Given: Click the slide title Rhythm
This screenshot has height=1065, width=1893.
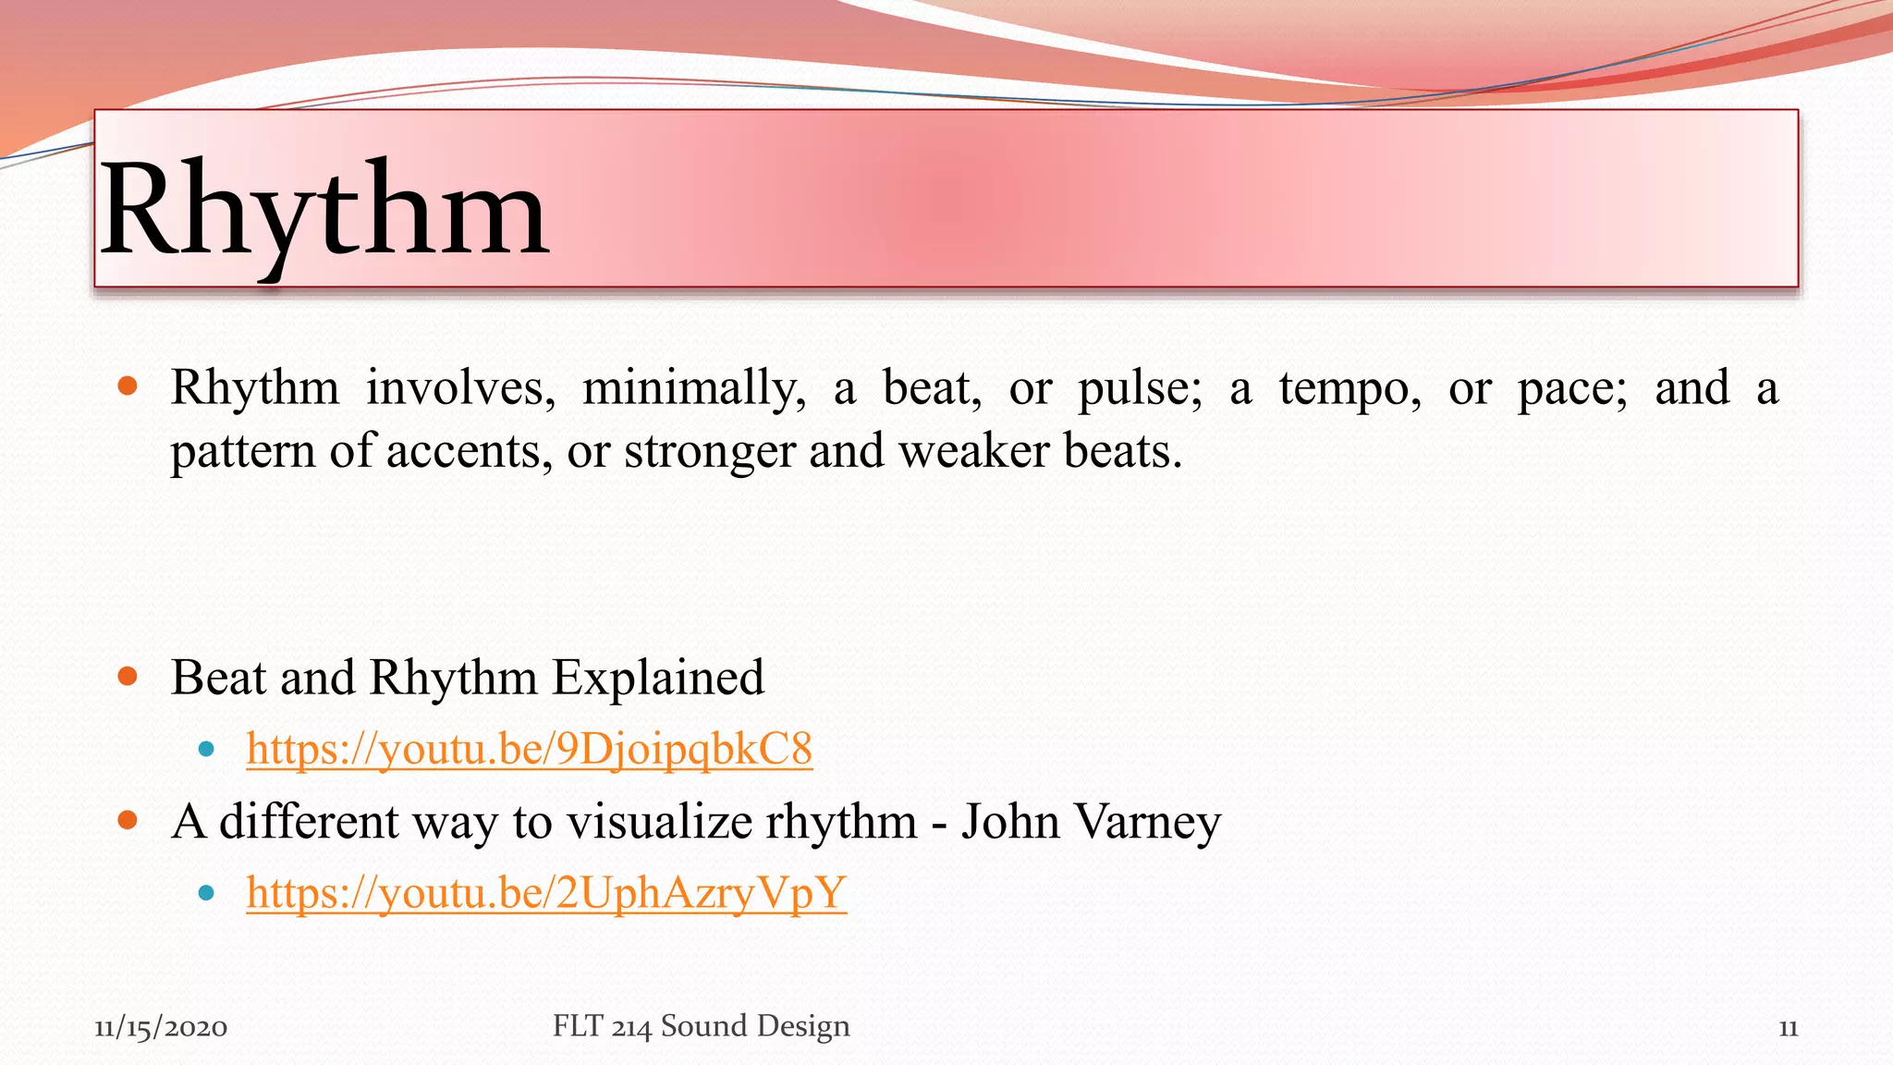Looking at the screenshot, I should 324,211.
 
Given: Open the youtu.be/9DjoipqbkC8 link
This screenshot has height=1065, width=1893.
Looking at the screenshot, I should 529,749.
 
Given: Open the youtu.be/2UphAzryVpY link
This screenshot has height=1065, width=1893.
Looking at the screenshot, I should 545,893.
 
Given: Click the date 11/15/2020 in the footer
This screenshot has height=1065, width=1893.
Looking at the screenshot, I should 161,1027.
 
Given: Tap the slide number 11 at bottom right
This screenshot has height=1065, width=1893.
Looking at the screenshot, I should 1788,1028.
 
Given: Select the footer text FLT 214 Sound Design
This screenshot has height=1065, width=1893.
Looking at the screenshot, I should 701,1026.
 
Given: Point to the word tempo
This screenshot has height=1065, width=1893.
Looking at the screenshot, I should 1350,388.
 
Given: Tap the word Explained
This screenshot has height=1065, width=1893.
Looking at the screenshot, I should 657,678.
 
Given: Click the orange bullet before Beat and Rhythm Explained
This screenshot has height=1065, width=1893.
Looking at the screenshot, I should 128,677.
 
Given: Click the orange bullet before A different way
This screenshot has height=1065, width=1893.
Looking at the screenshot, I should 128,820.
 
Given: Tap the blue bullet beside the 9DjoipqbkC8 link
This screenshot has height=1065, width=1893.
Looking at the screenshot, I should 206,749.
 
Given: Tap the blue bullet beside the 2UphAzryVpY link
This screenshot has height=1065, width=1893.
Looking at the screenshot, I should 206,893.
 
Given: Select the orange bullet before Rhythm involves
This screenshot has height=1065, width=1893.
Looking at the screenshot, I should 128,386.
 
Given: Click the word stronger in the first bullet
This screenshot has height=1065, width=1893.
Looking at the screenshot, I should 709,452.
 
